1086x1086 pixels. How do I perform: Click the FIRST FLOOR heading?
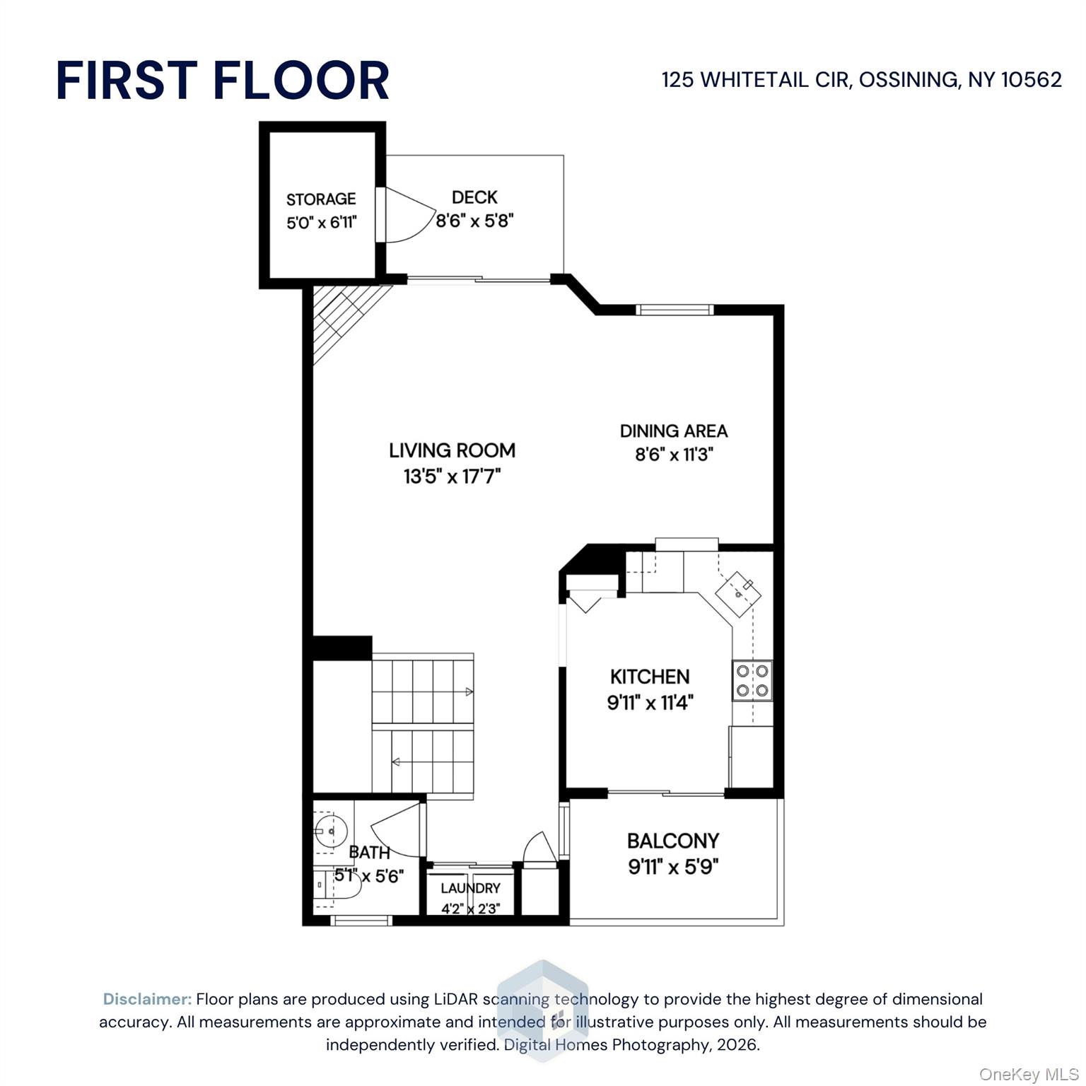222,80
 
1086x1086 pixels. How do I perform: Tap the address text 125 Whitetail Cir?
756,79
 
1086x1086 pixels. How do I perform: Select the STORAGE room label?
321,199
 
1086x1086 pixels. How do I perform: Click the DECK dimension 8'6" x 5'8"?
474,221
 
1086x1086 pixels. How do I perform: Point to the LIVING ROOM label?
452,450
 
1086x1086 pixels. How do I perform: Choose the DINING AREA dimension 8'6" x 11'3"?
674,454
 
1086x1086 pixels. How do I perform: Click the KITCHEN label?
650,677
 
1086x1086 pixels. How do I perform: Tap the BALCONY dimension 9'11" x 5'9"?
674,866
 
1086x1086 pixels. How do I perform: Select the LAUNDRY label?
470,888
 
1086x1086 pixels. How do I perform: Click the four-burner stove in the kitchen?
752,680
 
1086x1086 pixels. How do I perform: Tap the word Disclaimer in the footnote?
147,999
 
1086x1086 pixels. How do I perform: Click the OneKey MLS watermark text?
1029,1075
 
